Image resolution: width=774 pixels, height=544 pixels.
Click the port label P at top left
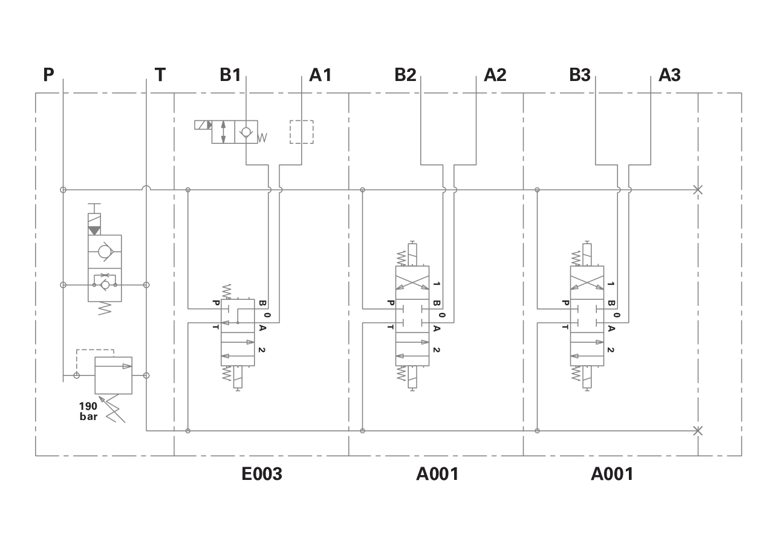point(49,74)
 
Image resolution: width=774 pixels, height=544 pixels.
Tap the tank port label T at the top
point(160,74)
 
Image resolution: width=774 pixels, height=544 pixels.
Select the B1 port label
point(230,74)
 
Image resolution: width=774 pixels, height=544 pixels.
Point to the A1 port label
point(320,74)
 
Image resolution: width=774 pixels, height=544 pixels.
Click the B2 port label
point(405,74)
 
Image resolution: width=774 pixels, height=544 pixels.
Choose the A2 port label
point(495,74)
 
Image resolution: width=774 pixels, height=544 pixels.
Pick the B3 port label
point(580,74)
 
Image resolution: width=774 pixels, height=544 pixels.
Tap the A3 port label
point(669,74)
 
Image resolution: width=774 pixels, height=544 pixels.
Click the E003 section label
point(262,473)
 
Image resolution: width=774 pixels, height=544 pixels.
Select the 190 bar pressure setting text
point(88,412)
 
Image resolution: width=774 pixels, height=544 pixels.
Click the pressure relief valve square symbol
point(113,375)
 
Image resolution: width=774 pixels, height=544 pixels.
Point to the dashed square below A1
point(302,132)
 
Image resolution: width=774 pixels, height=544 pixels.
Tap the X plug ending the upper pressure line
point(698,190)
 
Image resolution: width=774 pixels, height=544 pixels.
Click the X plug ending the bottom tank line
point(698,431)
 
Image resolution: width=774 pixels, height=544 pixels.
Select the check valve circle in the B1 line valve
point(246,132)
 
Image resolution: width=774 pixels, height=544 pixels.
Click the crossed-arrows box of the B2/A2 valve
point(412,282)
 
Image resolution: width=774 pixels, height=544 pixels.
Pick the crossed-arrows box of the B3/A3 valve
point(587,282)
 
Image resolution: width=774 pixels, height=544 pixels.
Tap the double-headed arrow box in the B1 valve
point(223,132)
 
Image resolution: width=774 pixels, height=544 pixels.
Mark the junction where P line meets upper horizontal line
point(63,190)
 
